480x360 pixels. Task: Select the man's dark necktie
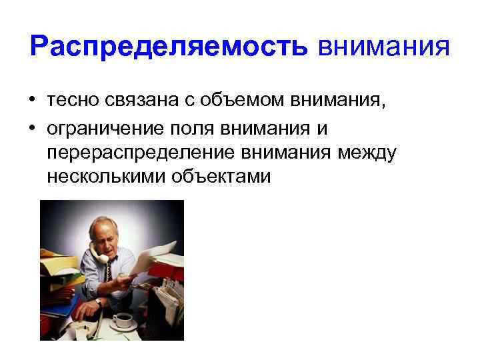click(x=124, y=274)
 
